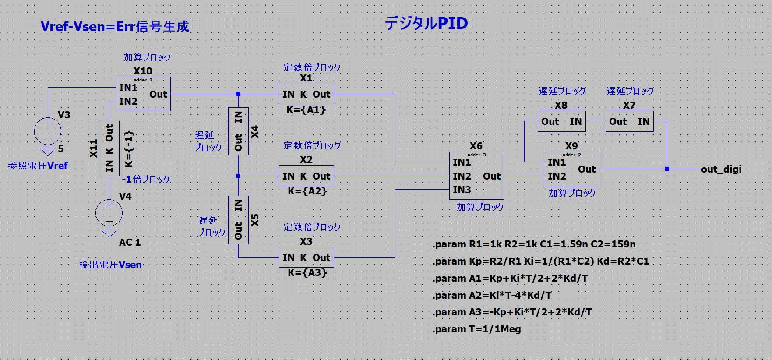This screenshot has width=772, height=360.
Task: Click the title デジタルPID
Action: click(x=426, y=23)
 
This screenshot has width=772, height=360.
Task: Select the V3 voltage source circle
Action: click(x=48, y=131)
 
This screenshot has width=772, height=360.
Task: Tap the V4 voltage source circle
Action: click(x=109, y=213)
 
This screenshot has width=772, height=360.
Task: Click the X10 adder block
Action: click(x=143, y=94)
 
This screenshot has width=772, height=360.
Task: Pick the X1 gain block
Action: click(x=306, y=94)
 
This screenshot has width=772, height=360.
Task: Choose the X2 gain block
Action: click(x=306, y=176)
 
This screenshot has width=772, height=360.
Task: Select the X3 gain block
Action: click(x=306, y=258)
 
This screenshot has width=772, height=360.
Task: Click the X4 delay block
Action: click(x=238, y=131)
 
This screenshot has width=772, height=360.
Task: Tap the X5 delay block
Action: click(x=238, y=220)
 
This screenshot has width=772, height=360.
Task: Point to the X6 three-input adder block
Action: click(x=476, y=176)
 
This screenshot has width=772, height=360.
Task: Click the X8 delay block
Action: click(x=561, y=121)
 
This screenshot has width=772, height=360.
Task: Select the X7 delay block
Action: click(x=629, y=121)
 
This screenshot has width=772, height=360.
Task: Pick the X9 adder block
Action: click(x=571, y=169)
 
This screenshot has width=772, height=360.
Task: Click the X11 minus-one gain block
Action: click(x=109, y=148)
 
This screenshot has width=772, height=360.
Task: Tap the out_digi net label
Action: click(x=721, y=169)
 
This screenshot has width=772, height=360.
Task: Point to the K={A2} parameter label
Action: click(x=307, y=191)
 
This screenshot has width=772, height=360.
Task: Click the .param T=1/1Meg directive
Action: click(x=476, y=329)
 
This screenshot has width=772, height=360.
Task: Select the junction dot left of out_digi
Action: click(x=667, y=169)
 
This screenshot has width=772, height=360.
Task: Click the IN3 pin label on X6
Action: click(x=462, y=190)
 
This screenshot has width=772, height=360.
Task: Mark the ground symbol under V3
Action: click(x=48, y=152)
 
